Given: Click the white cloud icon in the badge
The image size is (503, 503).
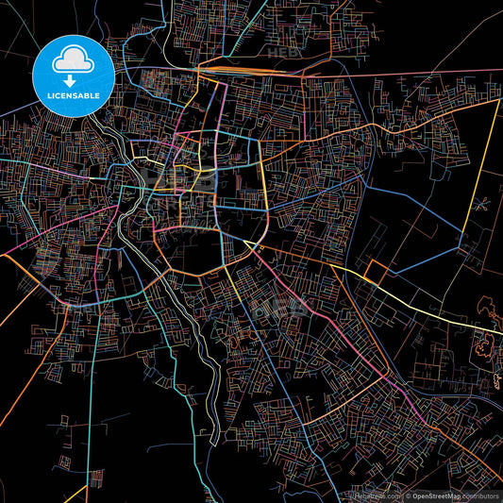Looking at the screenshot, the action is pos(73,59).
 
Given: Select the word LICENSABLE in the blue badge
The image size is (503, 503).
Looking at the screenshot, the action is pos(73,94).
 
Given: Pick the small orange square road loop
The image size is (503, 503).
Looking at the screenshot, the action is pos(376,273).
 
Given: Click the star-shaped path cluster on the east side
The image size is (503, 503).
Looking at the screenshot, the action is pos(480,202).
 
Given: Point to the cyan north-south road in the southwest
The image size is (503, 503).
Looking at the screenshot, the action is pos(90,396).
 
